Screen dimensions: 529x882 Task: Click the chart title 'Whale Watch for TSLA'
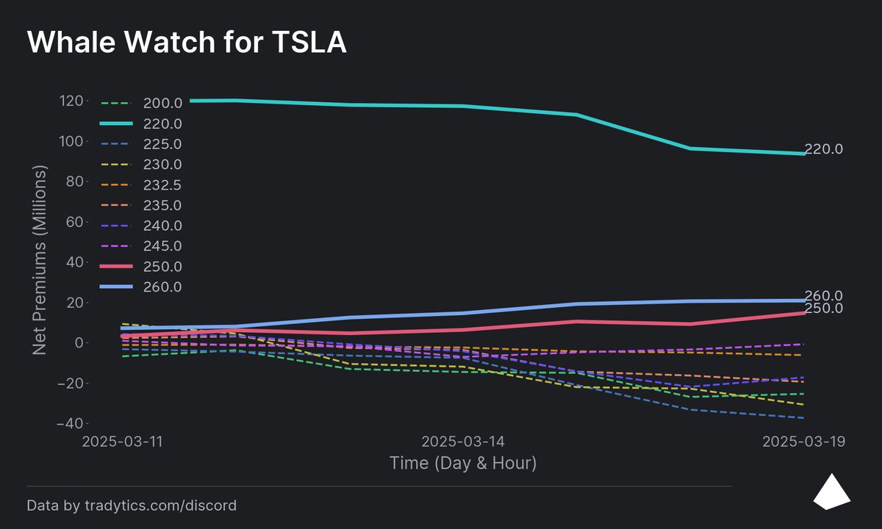(187, 43)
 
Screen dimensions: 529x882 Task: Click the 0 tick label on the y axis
(82, 343)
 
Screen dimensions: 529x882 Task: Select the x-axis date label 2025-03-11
(122, 442)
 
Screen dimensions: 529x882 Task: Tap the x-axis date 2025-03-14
(462, 442)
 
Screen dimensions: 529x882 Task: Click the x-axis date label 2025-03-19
(803, 442)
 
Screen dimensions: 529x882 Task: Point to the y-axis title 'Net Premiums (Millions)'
(40, 259)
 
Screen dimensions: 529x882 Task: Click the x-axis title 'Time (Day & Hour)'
(462, 464)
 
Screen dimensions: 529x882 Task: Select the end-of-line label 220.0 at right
(823, 149)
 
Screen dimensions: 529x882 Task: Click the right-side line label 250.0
(823, 309)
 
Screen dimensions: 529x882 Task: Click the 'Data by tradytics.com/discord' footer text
(132, 505)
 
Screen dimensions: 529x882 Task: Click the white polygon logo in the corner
(831, 492)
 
